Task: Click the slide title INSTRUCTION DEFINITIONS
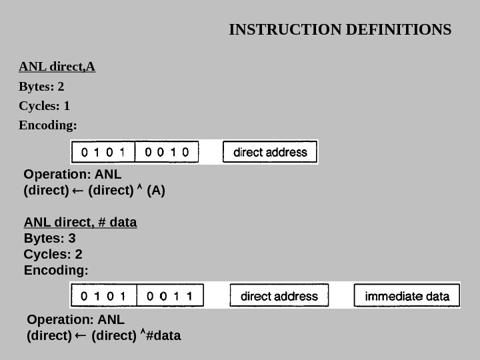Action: [340, 30]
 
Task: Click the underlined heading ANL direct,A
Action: [57, 67]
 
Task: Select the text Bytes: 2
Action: [41, 87]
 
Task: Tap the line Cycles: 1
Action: [45, 106]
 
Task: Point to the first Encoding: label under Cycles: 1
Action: [48, 125]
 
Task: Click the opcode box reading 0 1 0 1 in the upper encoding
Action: [103, 152]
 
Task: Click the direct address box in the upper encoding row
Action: [270, 152]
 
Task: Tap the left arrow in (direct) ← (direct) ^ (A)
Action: [78, 191]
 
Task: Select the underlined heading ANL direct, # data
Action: [81, 222]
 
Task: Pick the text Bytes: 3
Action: [50, 238]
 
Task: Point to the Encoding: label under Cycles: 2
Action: [56, 271]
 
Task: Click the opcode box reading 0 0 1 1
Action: [170, 295]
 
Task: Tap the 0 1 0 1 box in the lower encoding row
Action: [103, 295]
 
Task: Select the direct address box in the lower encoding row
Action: [279, 295]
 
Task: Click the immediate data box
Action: [407, 295]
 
